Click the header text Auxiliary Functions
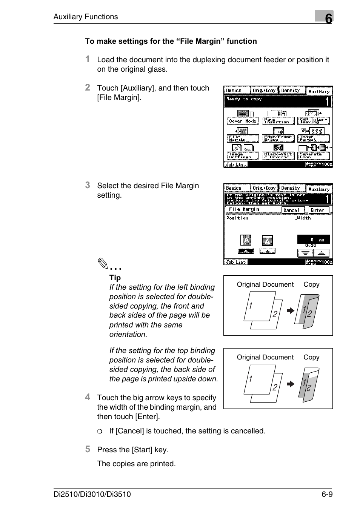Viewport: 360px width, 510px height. (86, 17)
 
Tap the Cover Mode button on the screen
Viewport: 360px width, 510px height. (243, 121)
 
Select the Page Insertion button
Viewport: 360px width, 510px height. (278, 121)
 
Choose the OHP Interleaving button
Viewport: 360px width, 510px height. (313, 121)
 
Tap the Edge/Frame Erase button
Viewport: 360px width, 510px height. (278, 138)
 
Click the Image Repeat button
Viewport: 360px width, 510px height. (313, 138)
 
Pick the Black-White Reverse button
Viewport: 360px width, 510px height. (278, 155)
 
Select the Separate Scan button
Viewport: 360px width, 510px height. (313, 155)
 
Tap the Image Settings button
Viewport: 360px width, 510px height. (243, 155)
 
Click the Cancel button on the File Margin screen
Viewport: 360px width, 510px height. (291, 210)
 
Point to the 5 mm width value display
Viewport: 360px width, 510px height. (313, 240)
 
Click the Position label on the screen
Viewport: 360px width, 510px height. (237, 218)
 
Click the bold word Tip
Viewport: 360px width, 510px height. (115, 278)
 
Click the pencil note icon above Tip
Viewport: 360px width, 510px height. (103, 263)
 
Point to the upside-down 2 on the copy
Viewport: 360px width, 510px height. (309, 387)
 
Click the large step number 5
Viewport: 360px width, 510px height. (88, 449)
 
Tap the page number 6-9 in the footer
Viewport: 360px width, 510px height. (325, 494)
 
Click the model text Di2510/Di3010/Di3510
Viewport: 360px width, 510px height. (92, 494)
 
